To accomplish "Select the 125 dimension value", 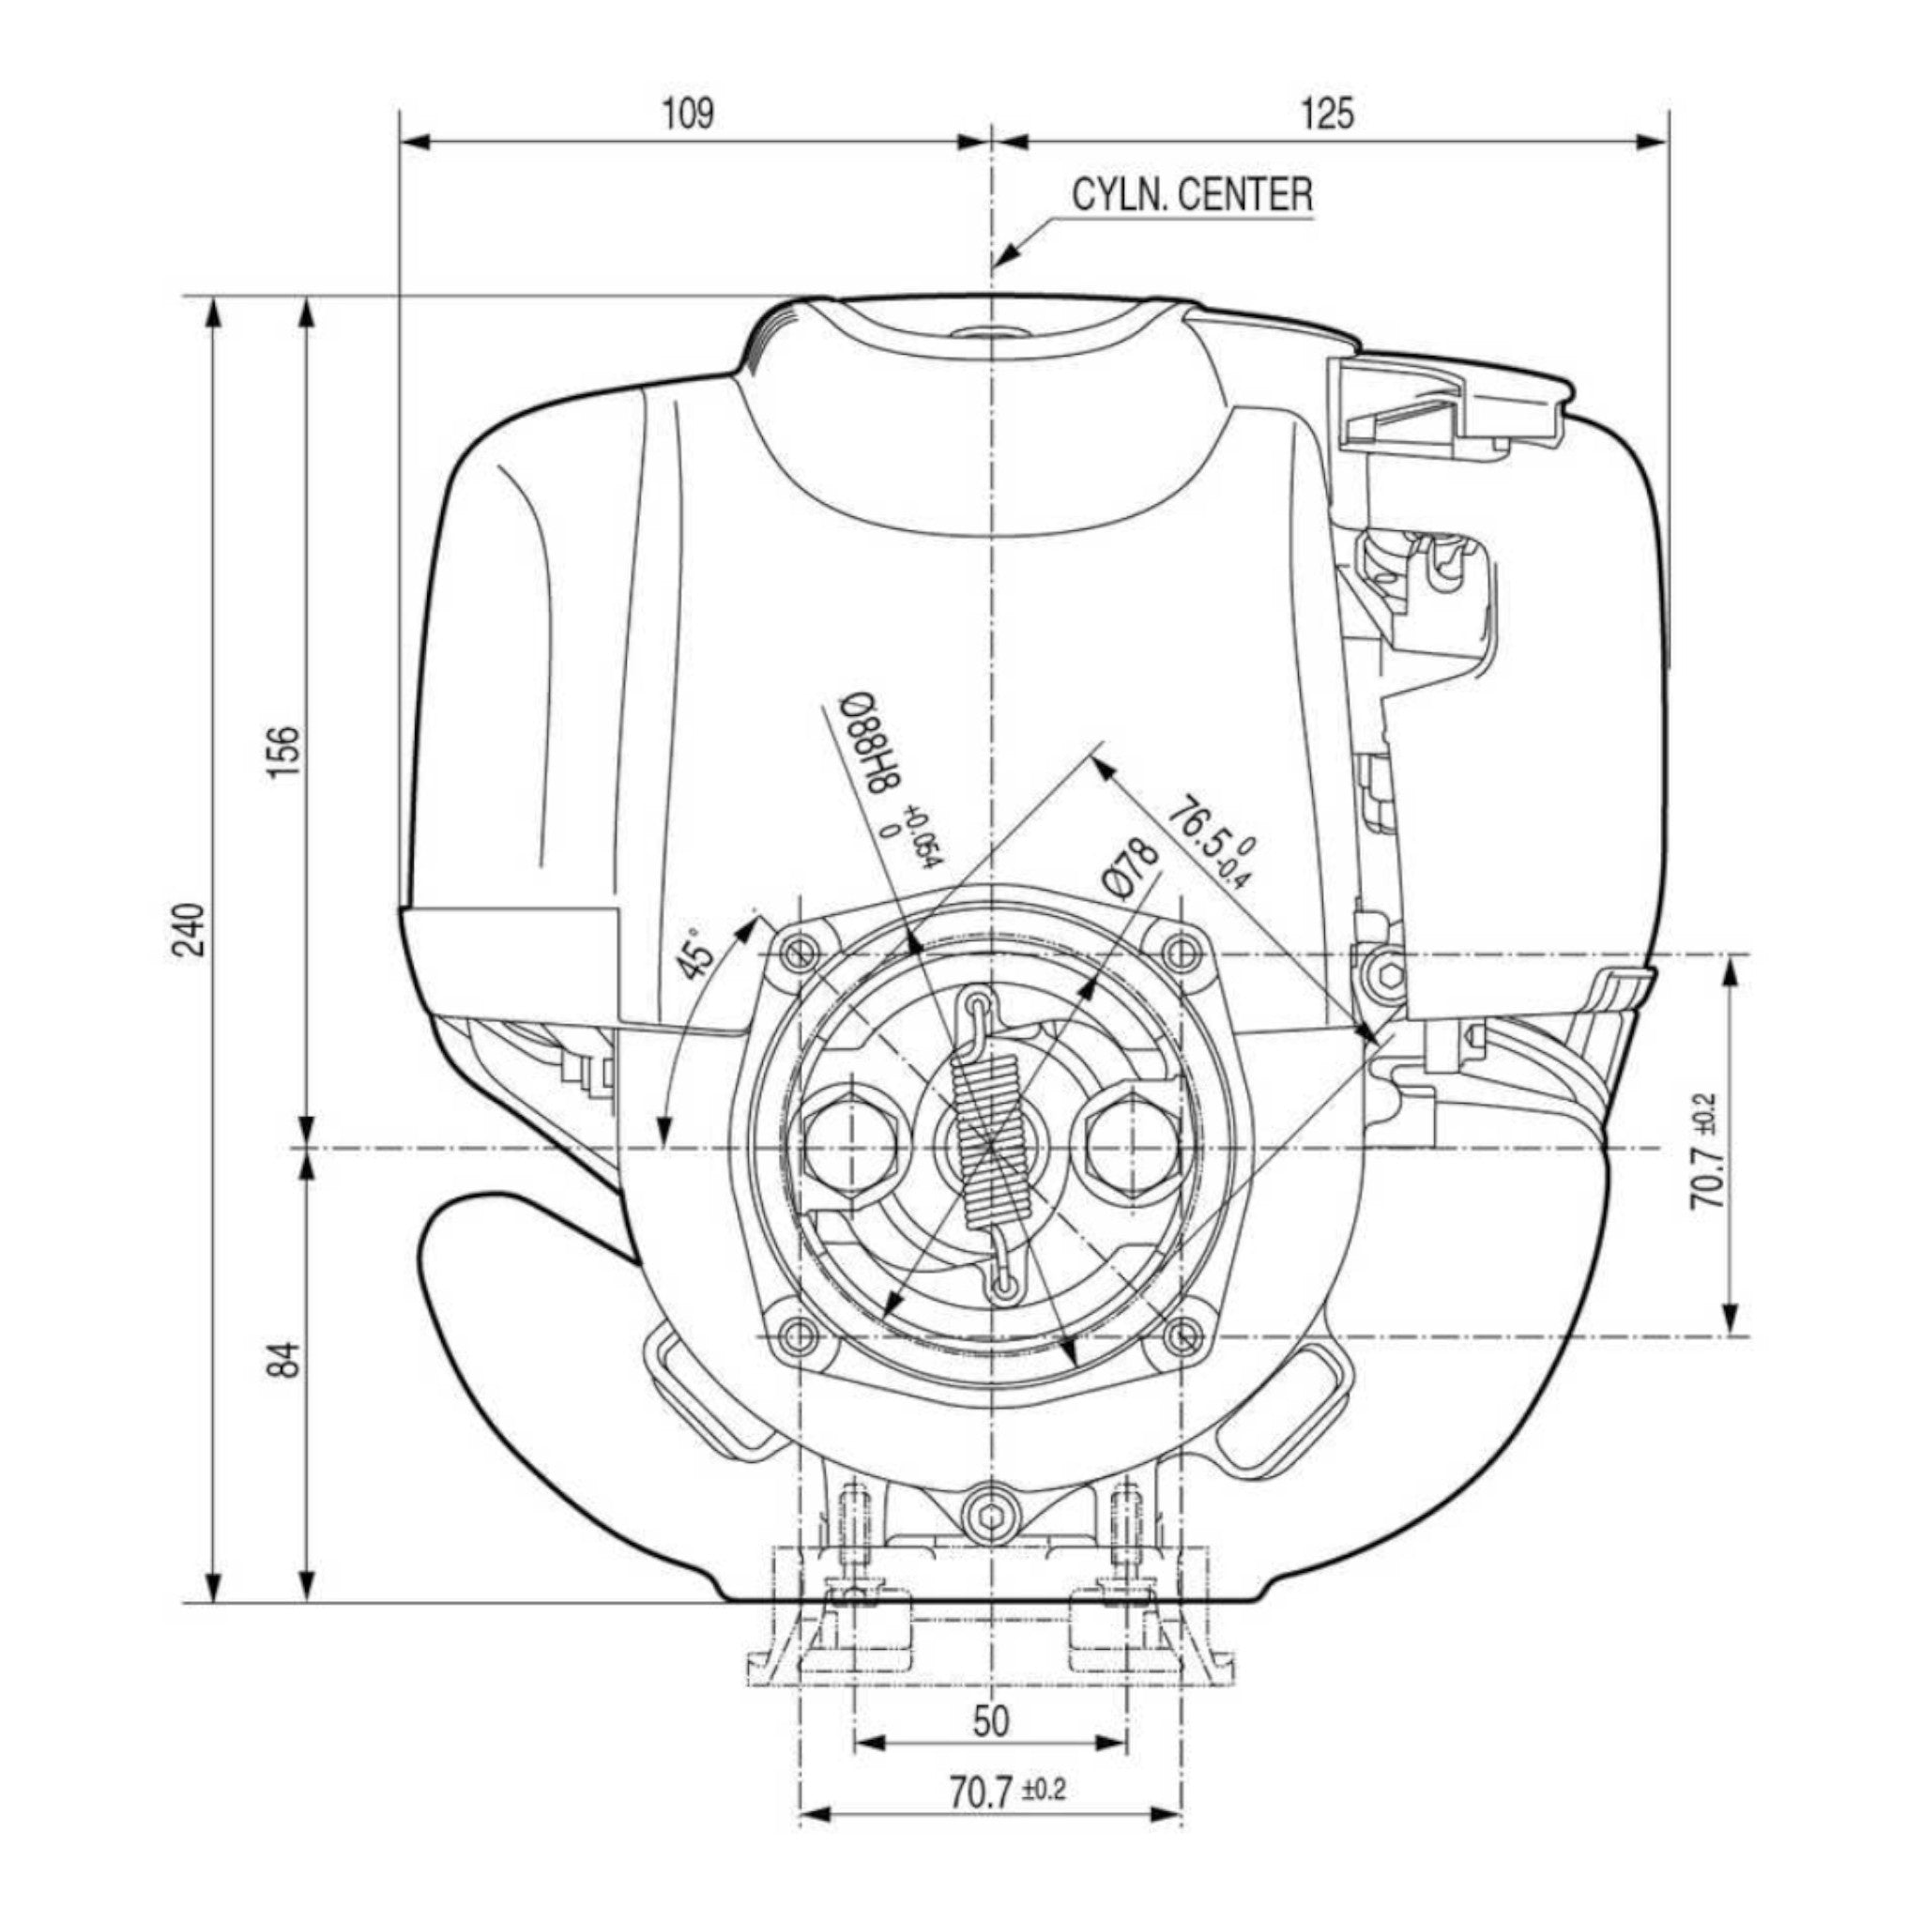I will (x=1327, y=114).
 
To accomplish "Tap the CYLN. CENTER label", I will (x=1192, y=194).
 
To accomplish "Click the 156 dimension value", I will (x=283, y=752).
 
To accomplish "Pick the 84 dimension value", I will (x=283, y=1359).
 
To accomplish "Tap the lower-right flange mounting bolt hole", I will (x=1182, y=1335).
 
